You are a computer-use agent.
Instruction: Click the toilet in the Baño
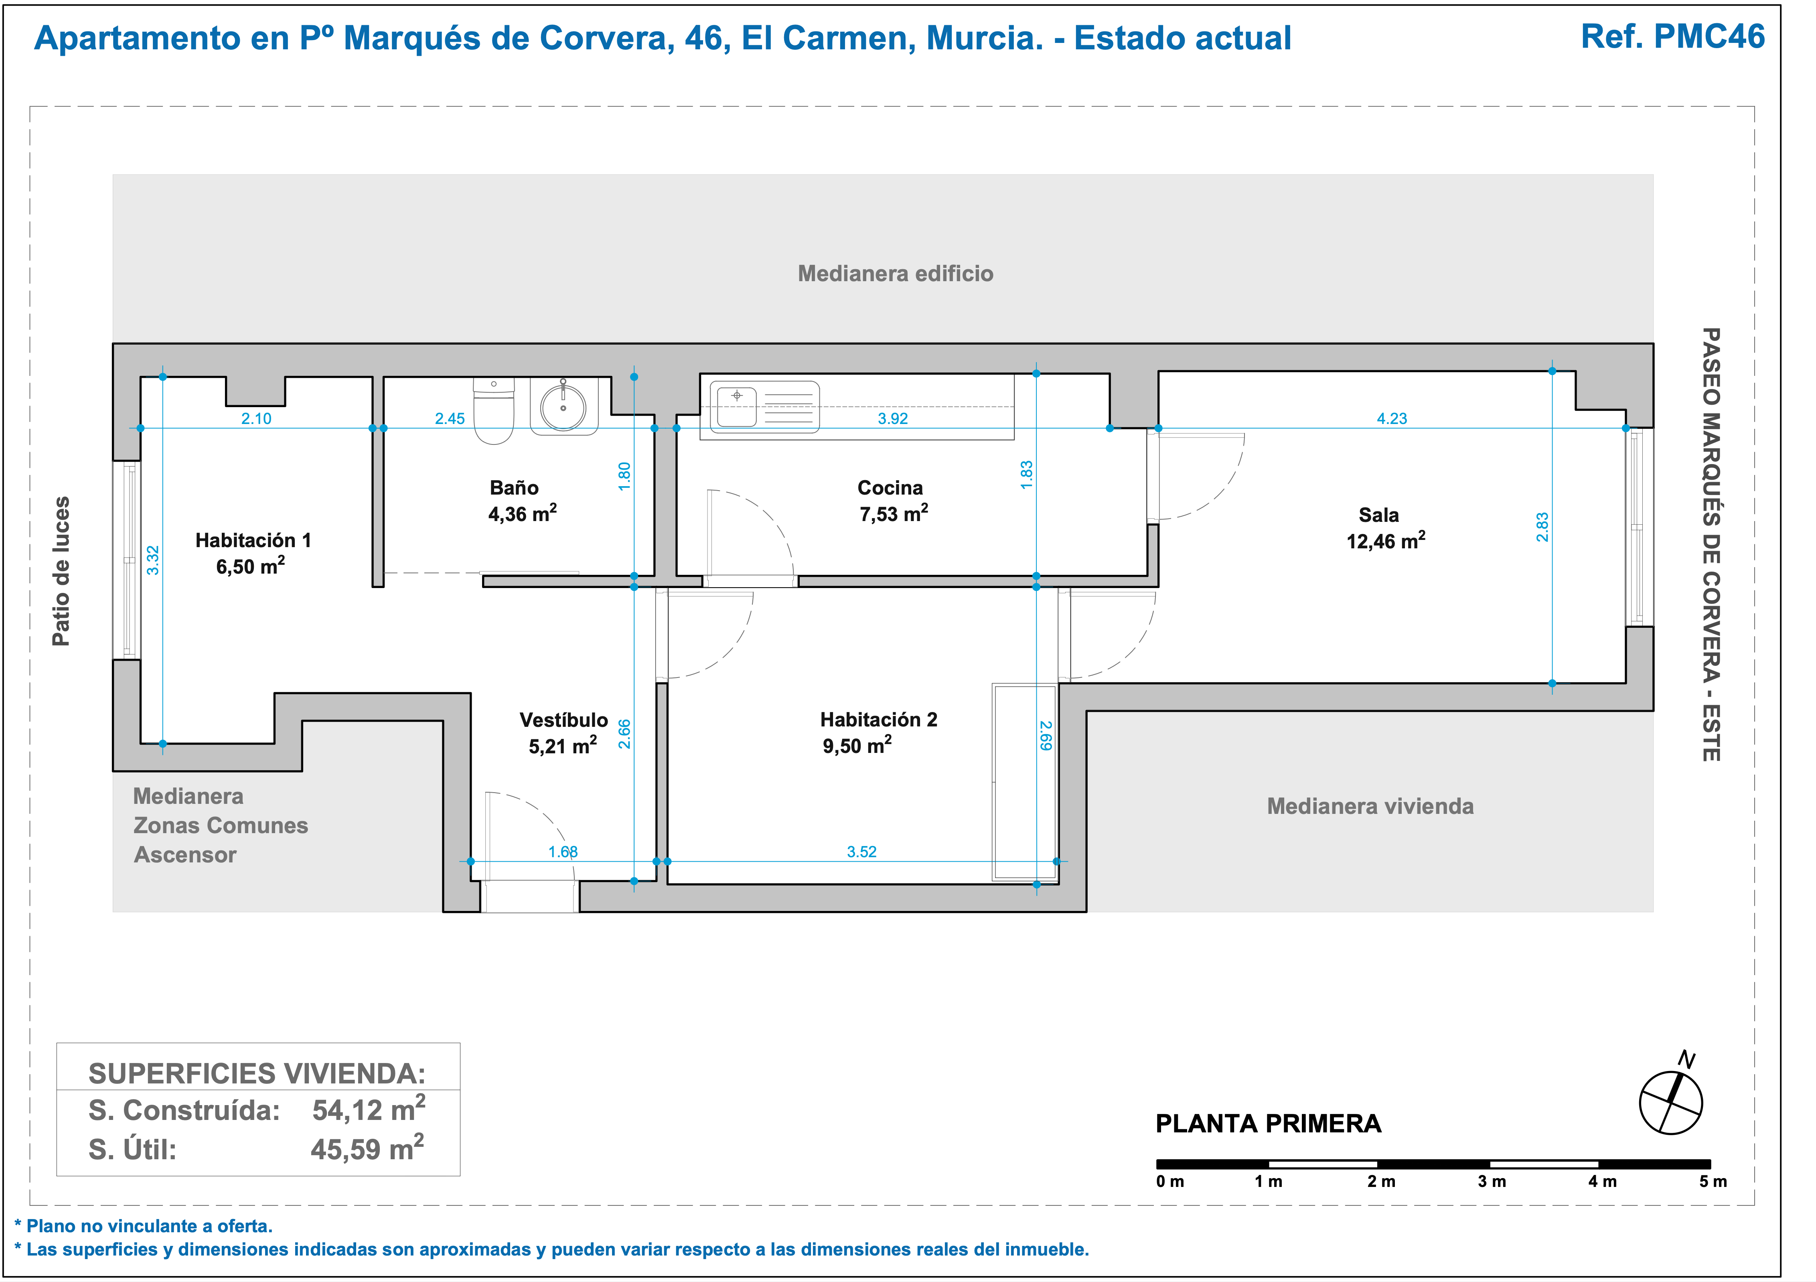495,410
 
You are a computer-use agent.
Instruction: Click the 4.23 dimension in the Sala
1392,418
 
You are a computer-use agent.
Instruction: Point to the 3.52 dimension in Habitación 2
862,852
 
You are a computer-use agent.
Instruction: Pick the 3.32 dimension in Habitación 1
154,560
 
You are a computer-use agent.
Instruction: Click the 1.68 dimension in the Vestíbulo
563,852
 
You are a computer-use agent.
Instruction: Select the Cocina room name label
890,487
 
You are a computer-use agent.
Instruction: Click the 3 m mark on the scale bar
1492,1182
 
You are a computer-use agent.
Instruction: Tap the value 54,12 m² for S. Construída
369,1109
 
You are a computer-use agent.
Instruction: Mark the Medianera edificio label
895,274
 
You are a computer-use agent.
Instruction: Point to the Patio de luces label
61,571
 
